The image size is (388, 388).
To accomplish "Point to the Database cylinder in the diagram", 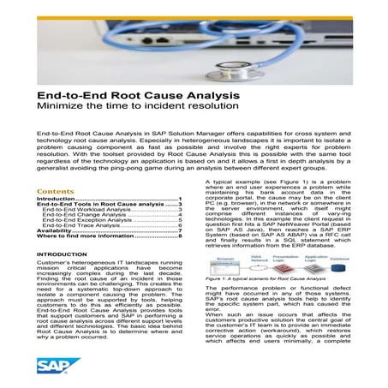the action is (x=337, y=266).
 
